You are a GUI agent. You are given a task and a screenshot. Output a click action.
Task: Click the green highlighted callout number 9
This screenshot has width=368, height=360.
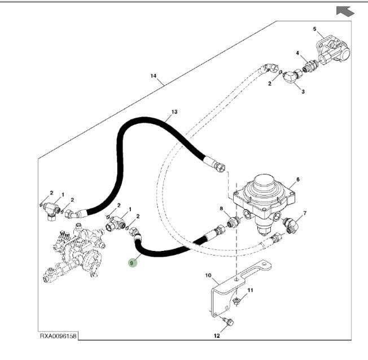(x=132, y=262)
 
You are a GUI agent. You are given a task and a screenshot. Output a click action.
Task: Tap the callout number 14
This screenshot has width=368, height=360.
(x=153, y=75)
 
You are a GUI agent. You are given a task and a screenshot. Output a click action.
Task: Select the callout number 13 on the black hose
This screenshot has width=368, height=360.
(x=174, y=112)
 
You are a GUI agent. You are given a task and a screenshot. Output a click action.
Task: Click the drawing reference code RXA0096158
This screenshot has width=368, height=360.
(x=58, y=337)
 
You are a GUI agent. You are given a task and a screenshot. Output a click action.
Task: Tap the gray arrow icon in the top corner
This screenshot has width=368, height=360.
(x=344, y=10)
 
